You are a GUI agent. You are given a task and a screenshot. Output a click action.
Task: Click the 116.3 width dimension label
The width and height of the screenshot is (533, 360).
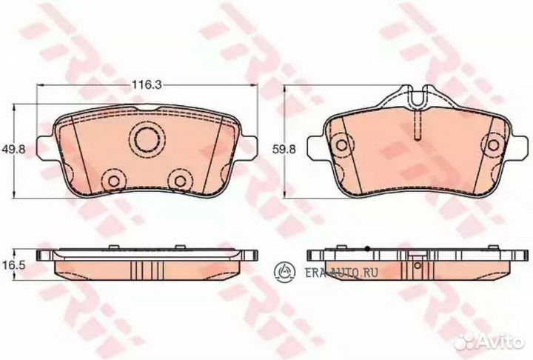tap(146, 84)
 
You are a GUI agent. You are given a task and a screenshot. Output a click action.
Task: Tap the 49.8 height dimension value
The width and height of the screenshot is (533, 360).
tap(13, 149)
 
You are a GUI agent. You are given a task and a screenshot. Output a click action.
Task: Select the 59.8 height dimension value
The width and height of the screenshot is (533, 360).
tap(284, 149)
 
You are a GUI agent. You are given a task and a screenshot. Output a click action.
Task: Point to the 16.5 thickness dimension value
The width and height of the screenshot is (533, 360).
tap(13, 265)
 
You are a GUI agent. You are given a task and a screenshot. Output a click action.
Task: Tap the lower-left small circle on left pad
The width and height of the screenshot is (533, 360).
tap(114, 181)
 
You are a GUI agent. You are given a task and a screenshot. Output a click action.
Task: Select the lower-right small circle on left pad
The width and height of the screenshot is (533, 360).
tap(180, 181)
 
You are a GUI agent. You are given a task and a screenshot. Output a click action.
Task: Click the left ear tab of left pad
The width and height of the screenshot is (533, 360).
tap(46, 149)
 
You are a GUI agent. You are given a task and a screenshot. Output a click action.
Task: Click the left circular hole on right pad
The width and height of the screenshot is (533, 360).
tap(341, 145)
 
